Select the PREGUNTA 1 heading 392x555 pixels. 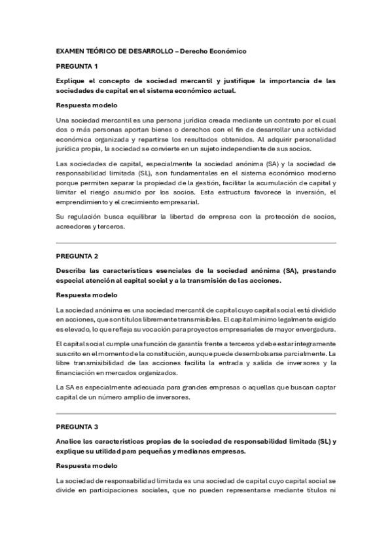[77, 66]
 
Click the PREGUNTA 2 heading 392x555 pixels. [77, 255]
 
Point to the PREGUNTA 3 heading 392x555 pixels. [77, 426]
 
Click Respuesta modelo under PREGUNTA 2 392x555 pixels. [87, 295]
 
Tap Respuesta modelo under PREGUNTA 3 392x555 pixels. [87, 465]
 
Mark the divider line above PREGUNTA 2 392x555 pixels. [196, 243]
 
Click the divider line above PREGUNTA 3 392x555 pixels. [196, 414]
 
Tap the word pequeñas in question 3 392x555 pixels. [183, 451]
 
